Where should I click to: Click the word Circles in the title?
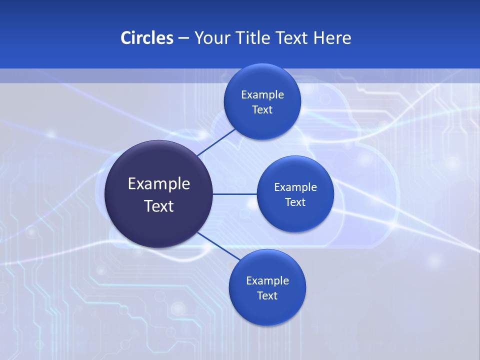pos(146,38)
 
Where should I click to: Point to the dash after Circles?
pos(183,38)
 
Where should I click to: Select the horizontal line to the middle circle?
pos(234,194)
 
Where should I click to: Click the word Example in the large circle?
pos(159,184)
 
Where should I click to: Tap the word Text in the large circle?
pos(159,206)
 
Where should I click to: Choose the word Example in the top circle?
pos(262,95)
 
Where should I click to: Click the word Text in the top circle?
pos(262,110)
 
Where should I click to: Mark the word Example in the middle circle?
pos(295,187)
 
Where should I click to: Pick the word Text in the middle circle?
pos(295,202)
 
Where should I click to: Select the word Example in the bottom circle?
pos(267,281)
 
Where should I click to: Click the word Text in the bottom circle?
pos(267,296)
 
